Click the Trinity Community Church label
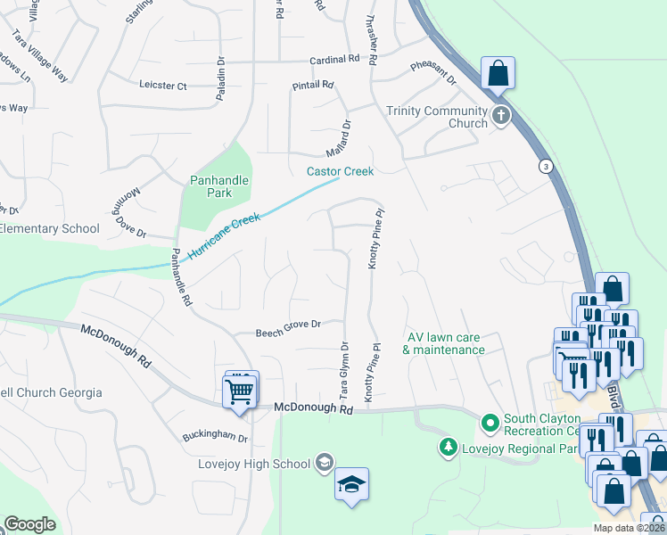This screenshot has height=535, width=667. (x=436, y=117)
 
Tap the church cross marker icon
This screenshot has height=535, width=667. (x=501, y=114)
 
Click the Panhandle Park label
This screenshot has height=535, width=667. (x=218, y=186)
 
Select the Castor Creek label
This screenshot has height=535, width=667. (x=340, y=171)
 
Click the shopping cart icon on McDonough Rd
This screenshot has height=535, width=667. (x=239, y=391)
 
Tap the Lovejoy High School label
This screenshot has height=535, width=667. (x=254, y=463)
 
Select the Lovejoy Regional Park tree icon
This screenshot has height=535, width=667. (x=449, y=446)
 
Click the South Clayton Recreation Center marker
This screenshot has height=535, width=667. (x=489, y=421)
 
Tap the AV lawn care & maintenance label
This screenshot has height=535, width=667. (x=443, y=343)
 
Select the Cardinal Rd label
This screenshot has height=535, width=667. (x=333, y=59)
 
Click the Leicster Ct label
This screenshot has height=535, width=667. (x=163, y=86)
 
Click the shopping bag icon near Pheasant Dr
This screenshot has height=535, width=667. (x=498, y=72)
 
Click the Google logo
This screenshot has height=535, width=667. (x=29, y=524)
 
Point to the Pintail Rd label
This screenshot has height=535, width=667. (x=312, y=86)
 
